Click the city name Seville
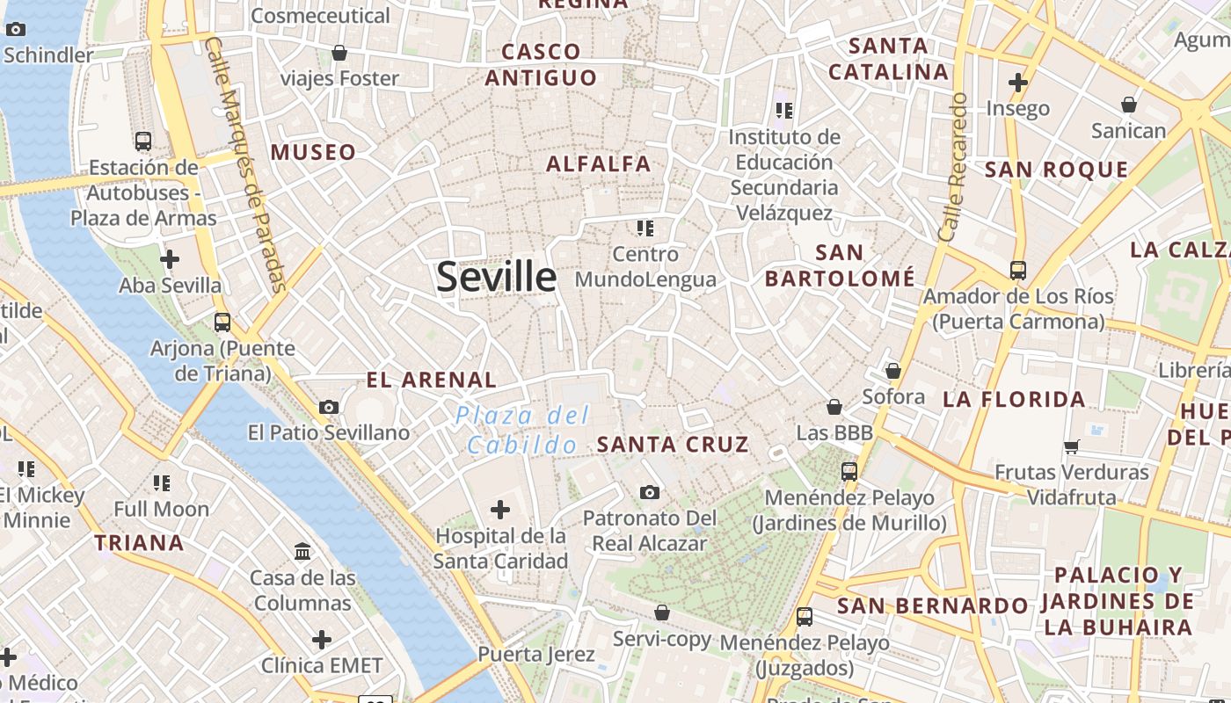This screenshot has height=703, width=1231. pos(497,277)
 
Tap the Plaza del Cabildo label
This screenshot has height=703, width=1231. pos(522,430)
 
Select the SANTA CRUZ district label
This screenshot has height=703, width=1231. pos(673,445)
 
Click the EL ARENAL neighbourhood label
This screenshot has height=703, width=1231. pos(432,380)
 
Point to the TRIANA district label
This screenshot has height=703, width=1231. pos(139,543)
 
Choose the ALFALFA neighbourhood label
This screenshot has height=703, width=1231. pos(599,164)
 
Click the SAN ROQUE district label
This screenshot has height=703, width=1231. pos(1056,170)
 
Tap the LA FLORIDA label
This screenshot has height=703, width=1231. pos(1014,400)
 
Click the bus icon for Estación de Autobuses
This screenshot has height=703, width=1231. pos(142,141)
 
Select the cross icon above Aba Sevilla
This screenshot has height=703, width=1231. pos(170,259)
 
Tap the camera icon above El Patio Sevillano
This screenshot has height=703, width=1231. pos(329,407)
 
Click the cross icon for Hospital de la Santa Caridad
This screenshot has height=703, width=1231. pos(500,509)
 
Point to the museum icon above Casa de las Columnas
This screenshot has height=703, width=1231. pos(302,552)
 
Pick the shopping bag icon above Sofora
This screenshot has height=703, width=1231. pos(893,371)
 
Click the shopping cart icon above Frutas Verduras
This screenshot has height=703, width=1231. pos(1071,446)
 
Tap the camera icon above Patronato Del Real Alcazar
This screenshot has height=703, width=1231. pos(650,492)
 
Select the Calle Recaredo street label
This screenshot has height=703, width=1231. pos(953,167)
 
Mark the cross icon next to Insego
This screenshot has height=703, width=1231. pos(1018,83)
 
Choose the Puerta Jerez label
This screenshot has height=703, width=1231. pos(535,655)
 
